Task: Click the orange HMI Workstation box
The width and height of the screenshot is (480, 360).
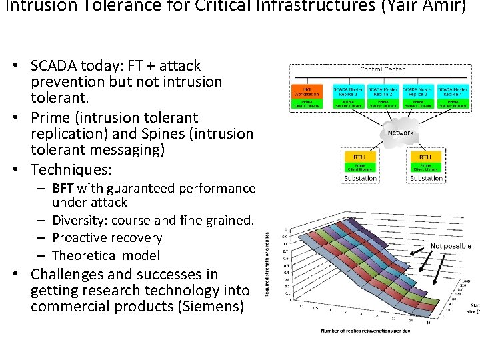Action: tap(307, 91)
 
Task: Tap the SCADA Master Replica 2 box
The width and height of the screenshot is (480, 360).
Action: tap(383, 91)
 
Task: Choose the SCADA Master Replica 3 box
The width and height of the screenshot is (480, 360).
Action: tap(419, 91)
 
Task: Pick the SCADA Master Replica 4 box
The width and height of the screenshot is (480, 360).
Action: tap(453, 91)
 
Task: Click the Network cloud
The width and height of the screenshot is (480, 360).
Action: tap(401, 133)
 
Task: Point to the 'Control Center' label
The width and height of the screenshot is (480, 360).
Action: tap(382, 69)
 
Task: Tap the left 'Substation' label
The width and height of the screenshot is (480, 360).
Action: tap(360, 178)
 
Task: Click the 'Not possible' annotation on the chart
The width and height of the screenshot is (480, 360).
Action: tap(451, 246)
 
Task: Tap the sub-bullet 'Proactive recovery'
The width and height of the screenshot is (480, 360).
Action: tap(107, 238)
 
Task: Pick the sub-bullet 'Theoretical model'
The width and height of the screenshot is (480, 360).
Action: tap(105, 255)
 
